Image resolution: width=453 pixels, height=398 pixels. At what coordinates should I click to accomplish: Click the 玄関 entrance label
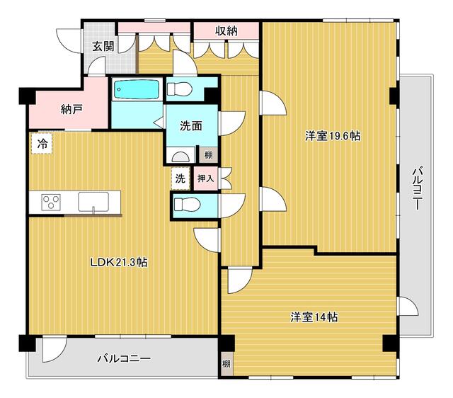coord(103,46)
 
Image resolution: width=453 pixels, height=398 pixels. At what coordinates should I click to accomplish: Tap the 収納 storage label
coord(226,30)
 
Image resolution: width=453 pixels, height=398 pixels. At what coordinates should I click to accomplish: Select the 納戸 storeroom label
coord(72,110)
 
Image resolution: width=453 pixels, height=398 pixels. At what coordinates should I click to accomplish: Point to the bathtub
coord(137,89)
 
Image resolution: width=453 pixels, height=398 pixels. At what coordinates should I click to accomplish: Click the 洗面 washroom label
coord(191,126)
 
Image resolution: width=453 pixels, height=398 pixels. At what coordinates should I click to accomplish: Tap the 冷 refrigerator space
coord(42,143)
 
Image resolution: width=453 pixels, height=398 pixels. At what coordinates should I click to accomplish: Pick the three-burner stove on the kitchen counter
coord(51,202)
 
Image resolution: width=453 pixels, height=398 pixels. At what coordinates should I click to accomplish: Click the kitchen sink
coord(93,202)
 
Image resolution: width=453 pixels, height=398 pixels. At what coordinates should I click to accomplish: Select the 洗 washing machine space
coord(180,178)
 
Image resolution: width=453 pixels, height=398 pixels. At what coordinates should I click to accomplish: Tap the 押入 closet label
coord(206,178)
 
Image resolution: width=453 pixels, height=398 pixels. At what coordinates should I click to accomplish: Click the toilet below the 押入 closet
coord(187,205)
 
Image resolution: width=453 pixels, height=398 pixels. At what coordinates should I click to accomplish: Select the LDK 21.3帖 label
coord(119,262)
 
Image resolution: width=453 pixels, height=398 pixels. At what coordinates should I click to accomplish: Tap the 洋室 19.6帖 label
coord(333,135)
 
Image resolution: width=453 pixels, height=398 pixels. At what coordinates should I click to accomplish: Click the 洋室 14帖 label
coord(314,317)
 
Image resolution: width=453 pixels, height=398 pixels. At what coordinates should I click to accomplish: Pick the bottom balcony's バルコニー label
coord(124,358)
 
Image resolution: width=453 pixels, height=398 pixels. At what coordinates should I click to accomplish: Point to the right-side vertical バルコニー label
coord(417,188)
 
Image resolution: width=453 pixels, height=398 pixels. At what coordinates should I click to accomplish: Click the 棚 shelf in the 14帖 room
coord(226,363)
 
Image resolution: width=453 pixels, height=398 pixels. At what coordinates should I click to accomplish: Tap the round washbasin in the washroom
coord(180,157)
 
